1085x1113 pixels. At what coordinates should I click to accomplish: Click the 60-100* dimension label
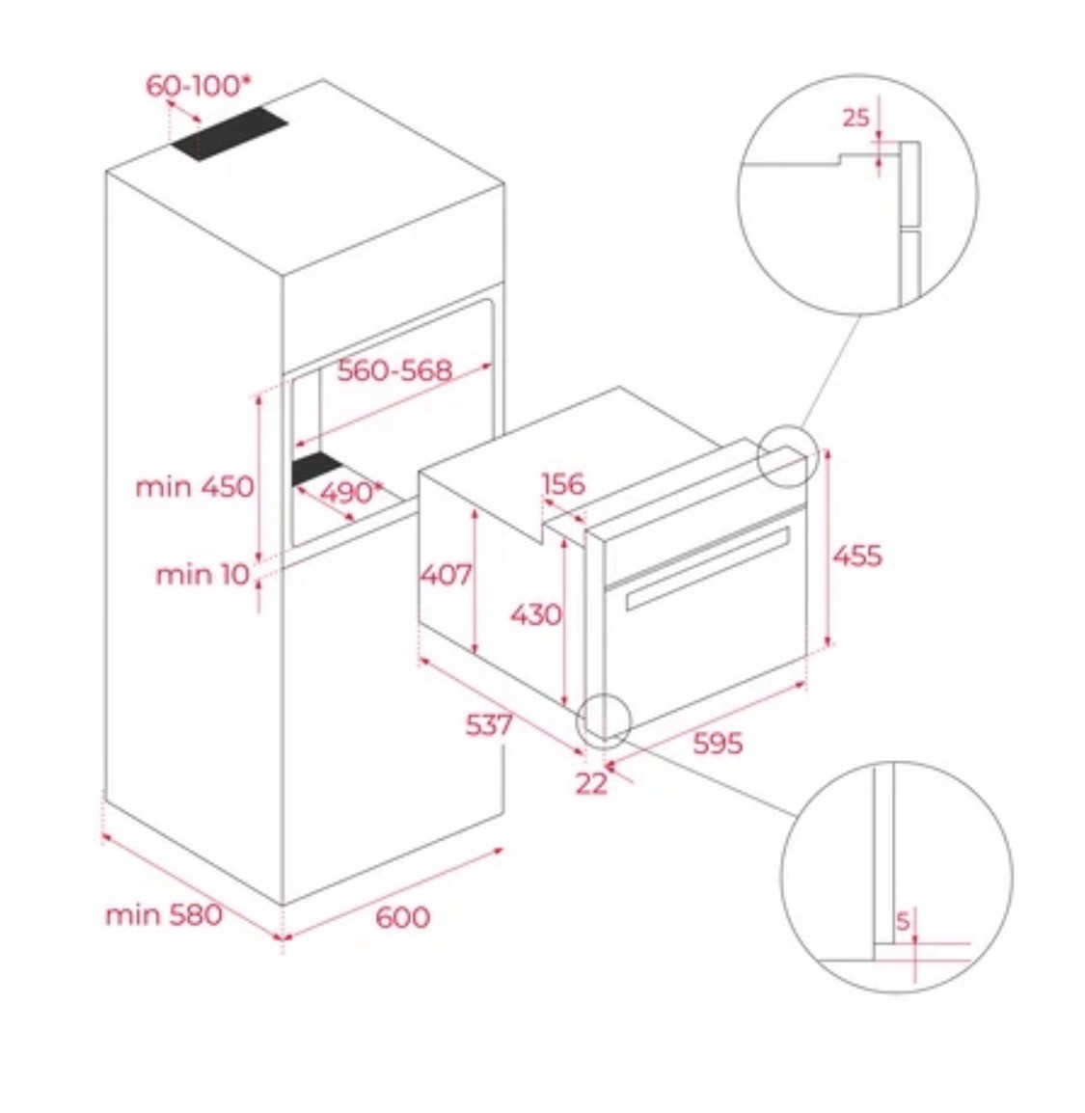[x=198, y=85]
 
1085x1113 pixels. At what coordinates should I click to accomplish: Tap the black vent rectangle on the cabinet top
[x=230, y=133]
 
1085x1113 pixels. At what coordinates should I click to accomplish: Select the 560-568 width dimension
[x=394, y=370]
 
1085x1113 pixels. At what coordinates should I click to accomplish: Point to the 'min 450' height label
[x=195, y=487]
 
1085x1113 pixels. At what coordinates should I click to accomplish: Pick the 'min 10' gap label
[x=203, y=574]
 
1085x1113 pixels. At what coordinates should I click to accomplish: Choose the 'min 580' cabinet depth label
[x=164, y=914]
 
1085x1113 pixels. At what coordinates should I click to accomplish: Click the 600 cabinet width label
[x=402, y=917]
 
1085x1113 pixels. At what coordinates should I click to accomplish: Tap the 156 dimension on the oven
[x=563, y=484]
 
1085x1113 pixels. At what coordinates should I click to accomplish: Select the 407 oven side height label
[x=446, y=574]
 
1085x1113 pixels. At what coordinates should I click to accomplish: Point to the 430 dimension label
[x=536, y=614]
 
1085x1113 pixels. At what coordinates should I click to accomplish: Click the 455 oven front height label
[x=857, y=556]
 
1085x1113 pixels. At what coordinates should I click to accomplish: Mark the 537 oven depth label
[x=489, y=724]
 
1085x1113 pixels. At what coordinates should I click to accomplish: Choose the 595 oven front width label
[x=718, y=744]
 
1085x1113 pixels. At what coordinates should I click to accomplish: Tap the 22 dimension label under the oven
[x=591, y=784]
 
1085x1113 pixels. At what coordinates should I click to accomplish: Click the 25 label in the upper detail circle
[x=855, y=118]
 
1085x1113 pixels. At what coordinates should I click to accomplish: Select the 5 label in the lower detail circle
[x=903, y=922]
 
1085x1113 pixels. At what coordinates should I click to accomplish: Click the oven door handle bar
[x=708, y=568]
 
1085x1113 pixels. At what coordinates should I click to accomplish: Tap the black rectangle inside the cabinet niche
[x=317, y=469]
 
